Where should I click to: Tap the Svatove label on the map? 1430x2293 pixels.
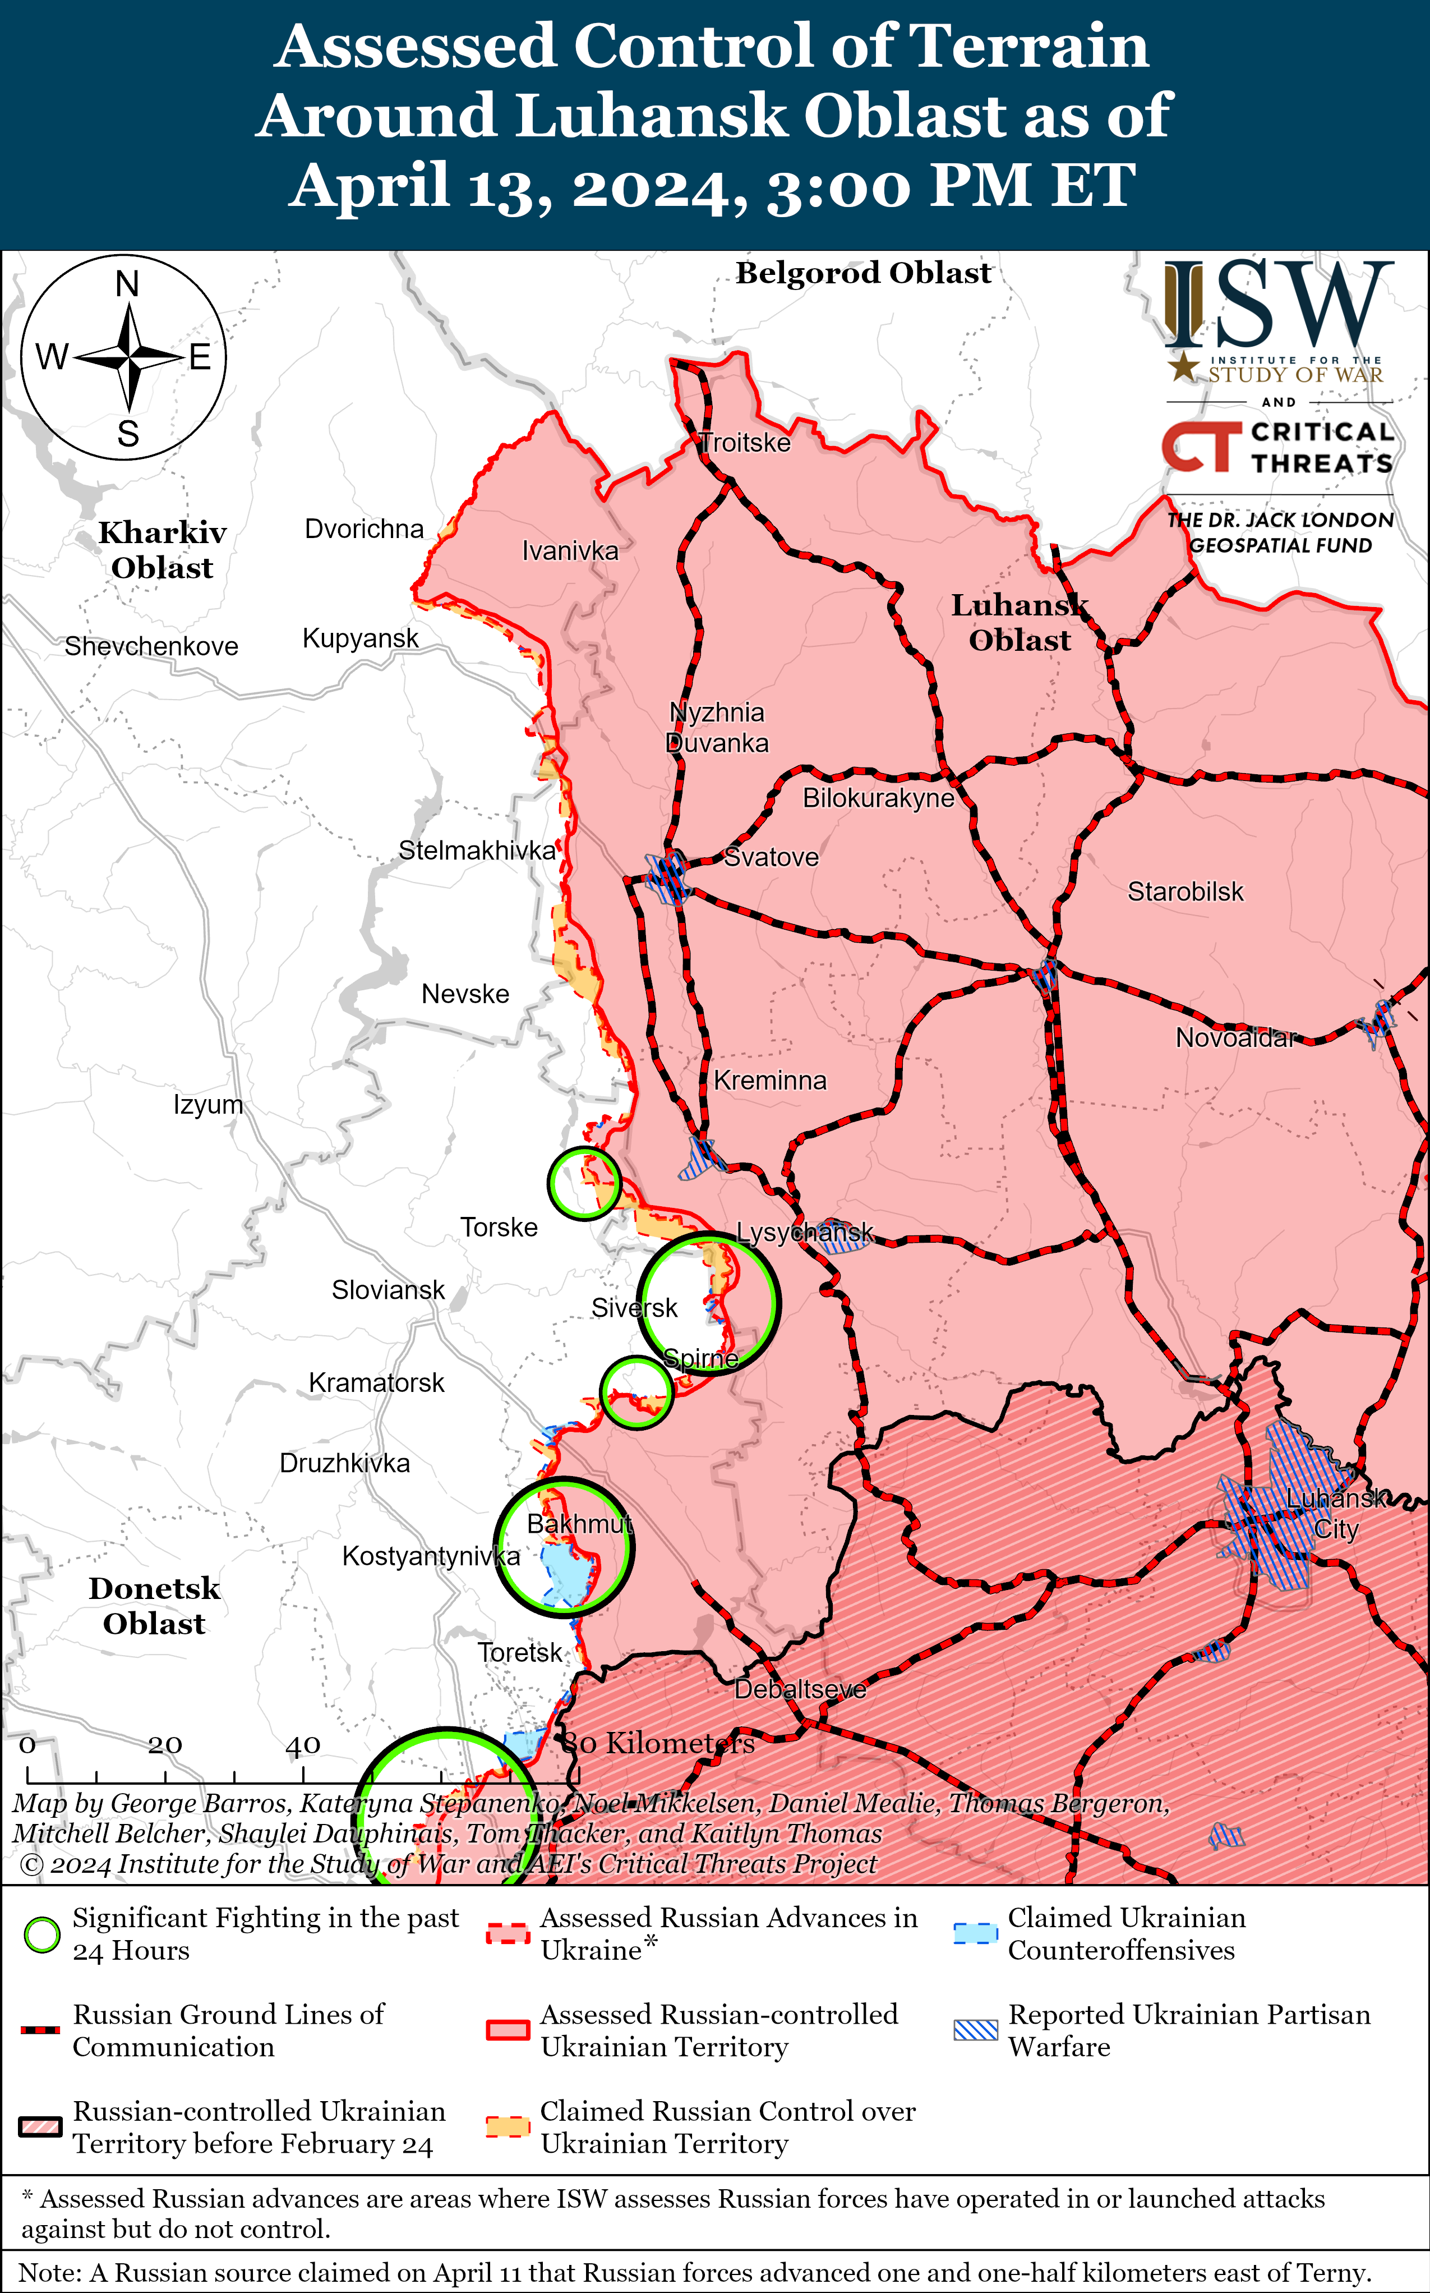[771, 857]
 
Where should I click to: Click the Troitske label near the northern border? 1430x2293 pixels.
[745, 443]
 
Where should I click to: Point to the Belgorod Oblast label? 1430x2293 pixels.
[864, 273]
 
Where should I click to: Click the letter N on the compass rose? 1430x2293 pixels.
[127, 284]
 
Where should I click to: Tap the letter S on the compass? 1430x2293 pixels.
[128, 434]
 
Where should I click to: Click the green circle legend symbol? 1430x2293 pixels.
[41, 1936]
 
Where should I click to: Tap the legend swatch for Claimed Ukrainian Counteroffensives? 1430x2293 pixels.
[975, 1933]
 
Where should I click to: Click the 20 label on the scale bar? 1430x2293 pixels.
[164, 1744]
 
